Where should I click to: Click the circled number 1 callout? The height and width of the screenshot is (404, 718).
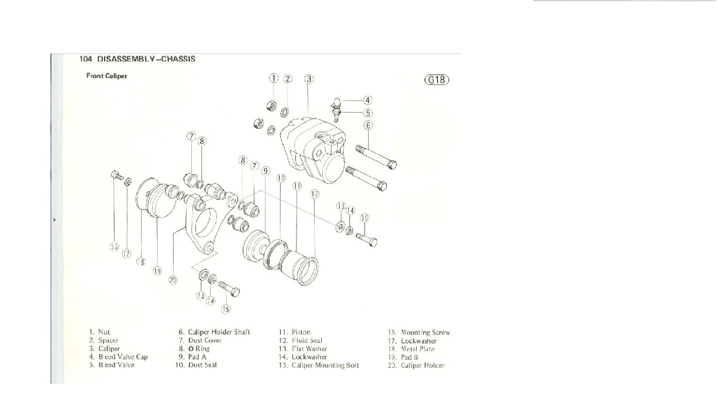coord(274,79)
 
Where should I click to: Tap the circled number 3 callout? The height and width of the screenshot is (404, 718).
coord(309,79)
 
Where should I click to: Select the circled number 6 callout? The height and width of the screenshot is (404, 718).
coord(369,126)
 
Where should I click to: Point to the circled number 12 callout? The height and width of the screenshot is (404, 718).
coord(315,194)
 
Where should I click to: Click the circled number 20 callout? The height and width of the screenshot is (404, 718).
coord(173,279)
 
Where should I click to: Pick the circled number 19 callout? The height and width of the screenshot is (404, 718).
coord(157,271)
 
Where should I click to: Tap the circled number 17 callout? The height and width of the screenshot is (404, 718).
coord(127,254)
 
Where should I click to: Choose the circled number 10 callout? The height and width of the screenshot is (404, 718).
coord(281,177)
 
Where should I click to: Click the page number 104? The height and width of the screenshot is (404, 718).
coord(85,59)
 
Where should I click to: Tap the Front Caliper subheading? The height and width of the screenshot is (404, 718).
coord(107,76)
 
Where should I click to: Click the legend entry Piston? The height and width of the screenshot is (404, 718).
coord(301,332)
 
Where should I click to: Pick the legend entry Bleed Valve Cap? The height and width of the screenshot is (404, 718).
coord(123,357)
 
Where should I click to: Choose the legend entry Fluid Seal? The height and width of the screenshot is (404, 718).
coord(307,340)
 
